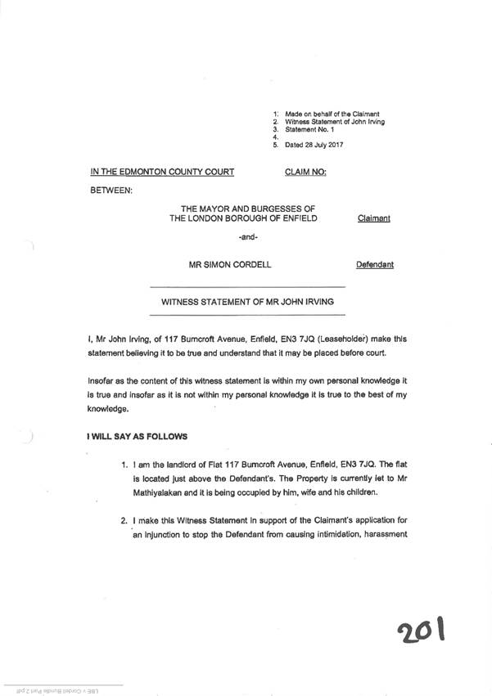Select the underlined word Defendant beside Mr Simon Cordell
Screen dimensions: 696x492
(374, 265)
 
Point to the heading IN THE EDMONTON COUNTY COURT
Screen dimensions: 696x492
(162, 172)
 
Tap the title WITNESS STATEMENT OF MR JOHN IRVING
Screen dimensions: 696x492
(242, 302)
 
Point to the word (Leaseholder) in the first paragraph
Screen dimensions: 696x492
(320, 339)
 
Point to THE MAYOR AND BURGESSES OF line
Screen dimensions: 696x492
(242, 209)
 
